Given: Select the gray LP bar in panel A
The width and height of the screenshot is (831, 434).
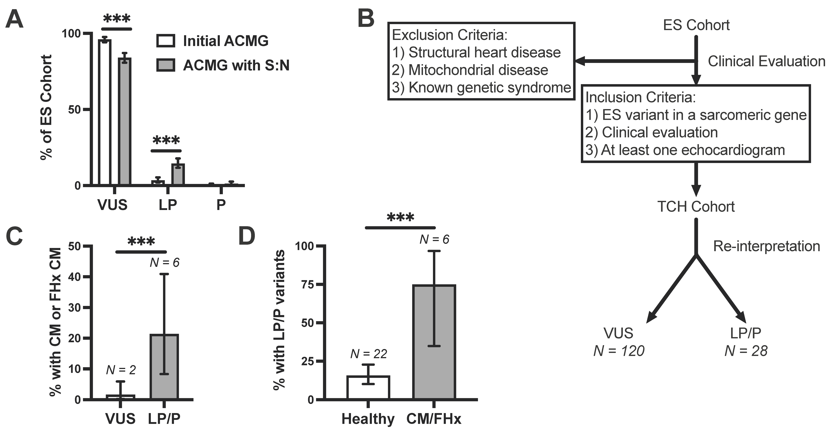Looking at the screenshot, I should [178, 174].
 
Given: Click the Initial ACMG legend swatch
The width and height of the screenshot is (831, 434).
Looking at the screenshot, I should [166, 41].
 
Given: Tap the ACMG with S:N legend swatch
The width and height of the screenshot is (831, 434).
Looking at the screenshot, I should [166, 65].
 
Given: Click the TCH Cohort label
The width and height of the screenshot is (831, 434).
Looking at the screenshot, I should [696, 207].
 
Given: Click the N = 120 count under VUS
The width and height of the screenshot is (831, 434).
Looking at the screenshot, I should [619, 351].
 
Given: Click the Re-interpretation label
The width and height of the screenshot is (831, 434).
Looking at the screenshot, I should [766, 246].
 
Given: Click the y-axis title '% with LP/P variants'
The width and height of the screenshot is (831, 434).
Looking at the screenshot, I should [279, 320].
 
